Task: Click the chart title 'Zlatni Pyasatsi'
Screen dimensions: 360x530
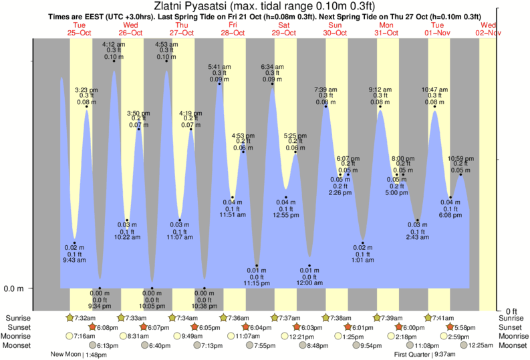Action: [x=265, y=6]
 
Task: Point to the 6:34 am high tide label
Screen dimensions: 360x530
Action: [x=272, y=67]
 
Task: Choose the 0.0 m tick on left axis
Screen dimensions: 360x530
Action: [x=15, y=289]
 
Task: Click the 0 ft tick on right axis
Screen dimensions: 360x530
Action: [x=511, y=311]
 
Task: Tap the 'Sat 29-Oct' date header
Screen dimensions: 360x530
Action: [x=283, y=29]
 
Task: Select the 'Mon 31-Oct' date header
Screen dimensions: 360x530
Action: [x=386, y=29]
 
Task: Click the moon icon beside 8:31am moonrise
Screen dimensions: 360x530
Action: [x=123, y=336]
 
